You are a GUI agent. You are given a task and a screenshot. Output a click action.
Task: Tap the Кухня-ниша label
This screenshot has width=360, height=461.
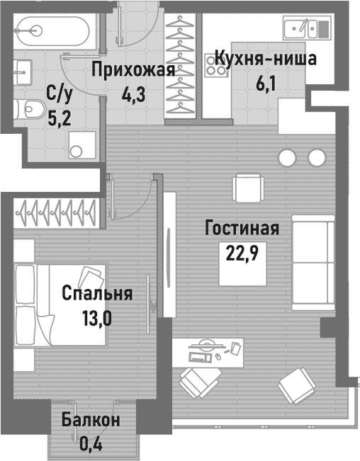[264, 58]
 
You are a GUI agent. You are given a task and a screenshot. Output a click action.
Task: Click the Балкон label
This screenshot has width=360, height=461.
[90, 420]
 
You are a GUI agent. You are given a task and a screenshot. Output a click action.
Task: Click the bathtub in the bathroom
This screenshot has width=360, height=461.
[50, 30]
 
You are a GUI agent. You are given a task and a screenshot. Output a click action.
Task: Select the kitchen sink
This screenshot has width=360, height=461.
[307, 28]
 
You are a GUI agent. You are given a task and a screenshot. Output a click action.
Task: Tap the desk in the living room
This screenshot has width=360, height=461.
[206, 350]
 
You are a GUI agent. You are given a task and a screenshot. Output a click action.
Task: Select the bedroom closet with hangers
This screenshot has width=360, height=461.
[57, 210]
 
